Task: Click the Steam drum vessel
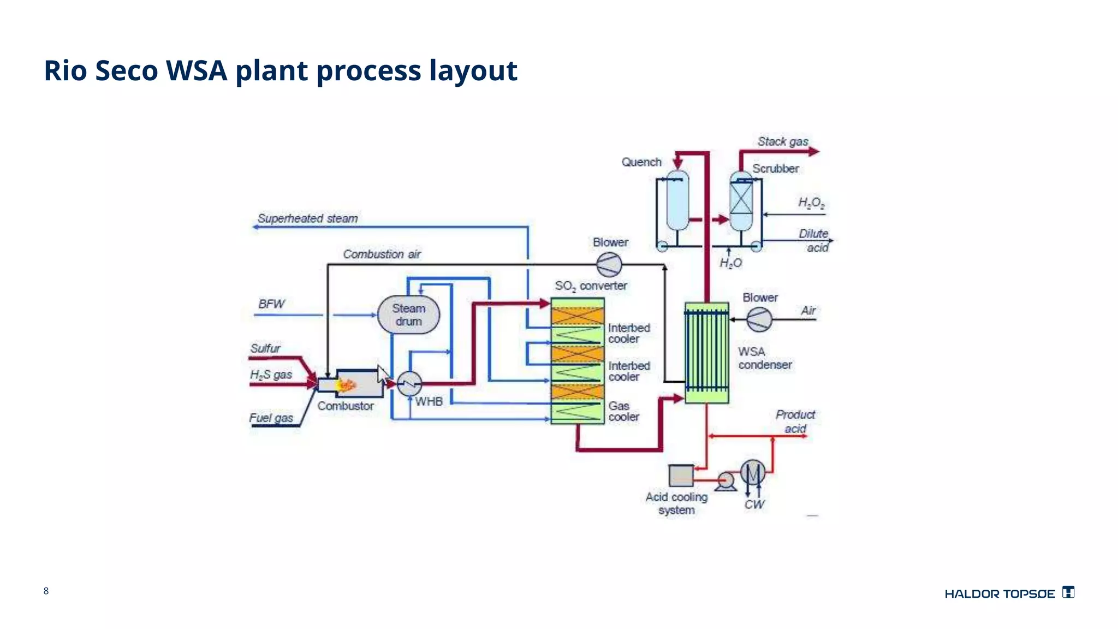(408, 315)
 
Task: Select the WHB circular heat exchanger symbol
(409, 384)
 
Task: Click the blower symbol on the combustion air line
(609, 265)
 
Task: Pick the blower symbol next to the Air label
(759, 320)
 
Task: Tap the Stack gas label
(782, 141)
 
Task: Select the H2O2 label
(811, 203)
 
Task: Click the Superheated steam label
(307, 218)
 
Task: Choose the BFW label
(271, 304)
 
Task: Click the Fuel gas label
(271, 418)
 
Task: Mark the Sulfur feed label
(265, 348)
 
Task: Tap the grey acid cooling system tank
(681, 476)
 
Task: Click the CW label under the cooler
(754, 505)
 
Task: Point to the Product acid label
(795, 422)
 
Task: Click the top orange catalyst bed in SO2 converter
(577, 316)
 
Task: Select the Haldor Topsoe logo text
(1000, 594)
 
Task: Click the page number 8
(46, 591)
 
